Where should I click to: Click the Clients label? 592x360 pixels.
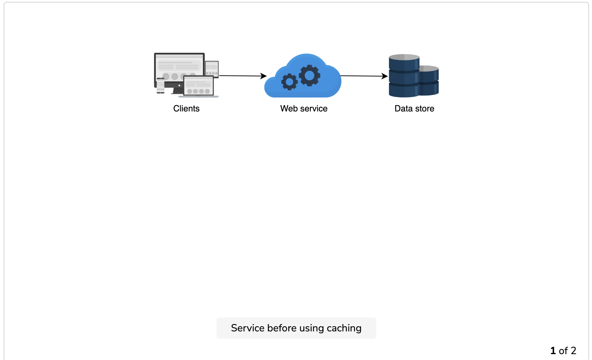(186, 109)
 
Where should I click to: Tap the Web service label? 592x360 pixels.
(304, 109)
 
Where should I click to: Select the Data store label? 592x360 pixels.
(414, 109)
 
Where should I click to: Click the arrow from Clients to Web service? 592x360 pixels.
(243, 76)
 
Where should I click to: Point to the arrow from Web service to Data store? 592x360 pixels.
(364, 76)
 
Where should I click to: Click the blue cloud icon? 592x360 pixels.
(303, 76)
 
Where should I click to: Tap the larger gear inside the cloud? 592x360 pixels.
(310, 76)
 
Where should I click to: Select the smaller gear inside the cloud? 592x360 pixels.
(289, 82)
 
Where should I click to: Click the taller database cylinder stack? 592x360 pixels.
(404, 76)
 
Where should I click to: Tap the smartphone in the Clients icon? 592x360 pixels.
(160, 86)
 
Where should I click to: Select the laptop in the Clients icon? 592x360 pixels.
(199, 86)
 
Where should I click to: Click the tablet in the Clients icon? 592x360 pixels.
(212, 69)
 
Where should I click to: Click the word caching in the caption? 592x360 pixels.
(344, 328)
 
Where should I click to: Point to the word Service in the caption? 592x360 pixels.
(248, 328)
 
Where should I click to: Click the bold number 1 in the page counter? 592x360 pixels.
(553, 351)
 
